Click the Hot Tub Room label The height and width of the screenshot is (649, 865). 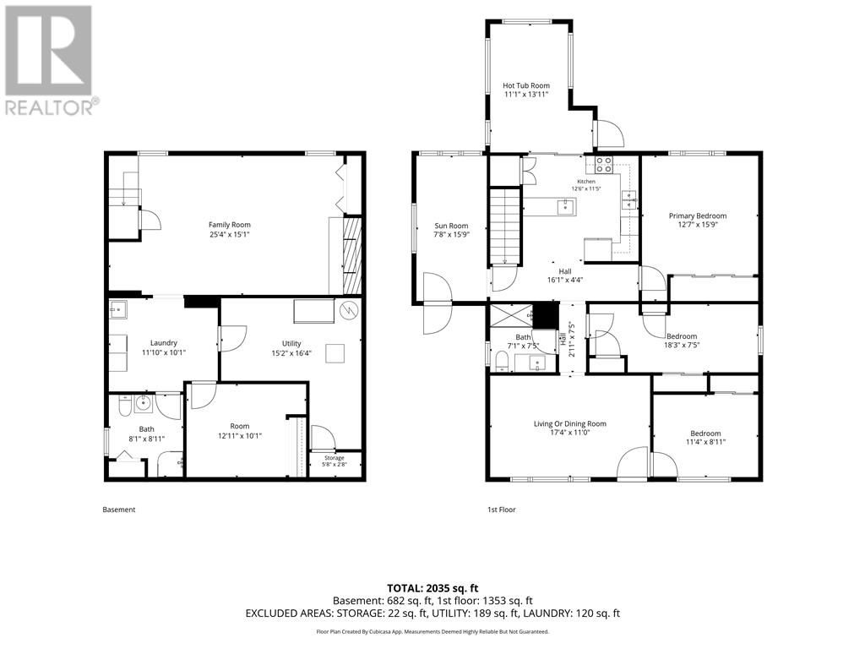(x=525, y=85)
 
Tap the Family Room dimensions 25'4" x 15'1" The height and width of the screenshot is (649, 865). (x=230, y=234)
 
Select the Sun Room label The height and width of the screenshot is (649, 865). (x=451, y=226)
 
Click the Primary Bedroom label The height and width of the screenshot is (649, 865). (x=697, y=215)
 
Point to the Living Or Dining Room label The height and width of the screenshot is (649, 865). (x=570, y=424)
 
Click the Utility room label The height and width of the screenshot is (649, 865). (x=291, y=343)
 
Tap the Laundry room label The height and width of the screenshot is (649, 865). (x=164, y=343)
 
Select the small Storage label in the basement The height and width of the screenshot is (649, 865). (x=335, y=458)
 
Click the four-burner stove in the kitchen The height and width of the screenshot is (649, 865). (x=603, y=165)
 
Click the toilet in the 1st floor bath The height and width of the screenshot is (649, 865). (x=502, y=362)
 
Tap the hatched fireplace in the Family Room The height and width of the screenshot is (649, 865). (x=352, y=255)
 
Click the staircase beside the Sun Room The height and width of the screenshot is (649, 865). (x=505, y=226)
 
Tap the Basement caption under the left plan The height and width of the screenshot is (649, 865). (x=118, y=510)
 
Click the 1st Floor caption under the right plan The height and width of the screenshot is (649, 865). (x=501, y=510)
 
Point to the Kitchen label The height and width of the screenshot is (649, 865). (x=586, y=182)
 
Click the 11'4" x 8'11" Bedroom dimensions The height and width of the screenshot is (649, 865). (x=705, y=442)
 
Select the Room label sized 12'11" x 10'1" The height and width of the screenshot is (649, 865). (x=240, y=426)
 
